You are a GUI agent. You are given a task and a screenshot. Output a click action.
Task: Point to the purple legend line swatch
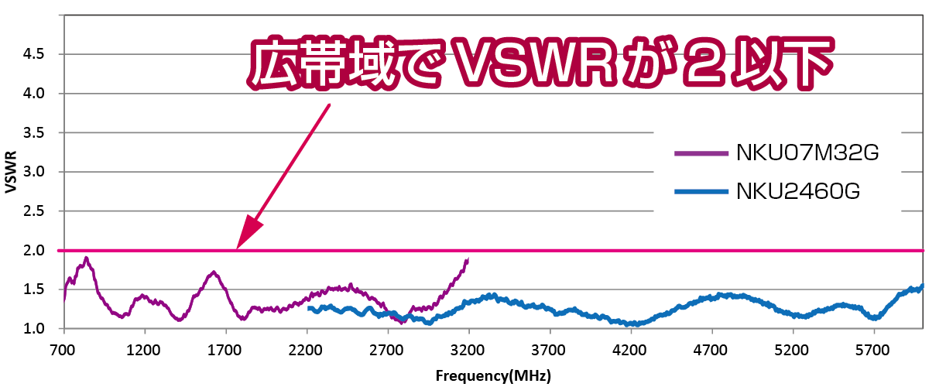[701, 153]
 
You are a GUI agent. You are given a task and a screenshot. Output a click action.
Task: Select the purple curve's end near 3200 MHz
[468, 260]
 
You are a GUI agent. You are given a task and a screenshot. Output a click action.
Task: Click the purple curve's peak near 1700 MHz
[213, 272]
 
